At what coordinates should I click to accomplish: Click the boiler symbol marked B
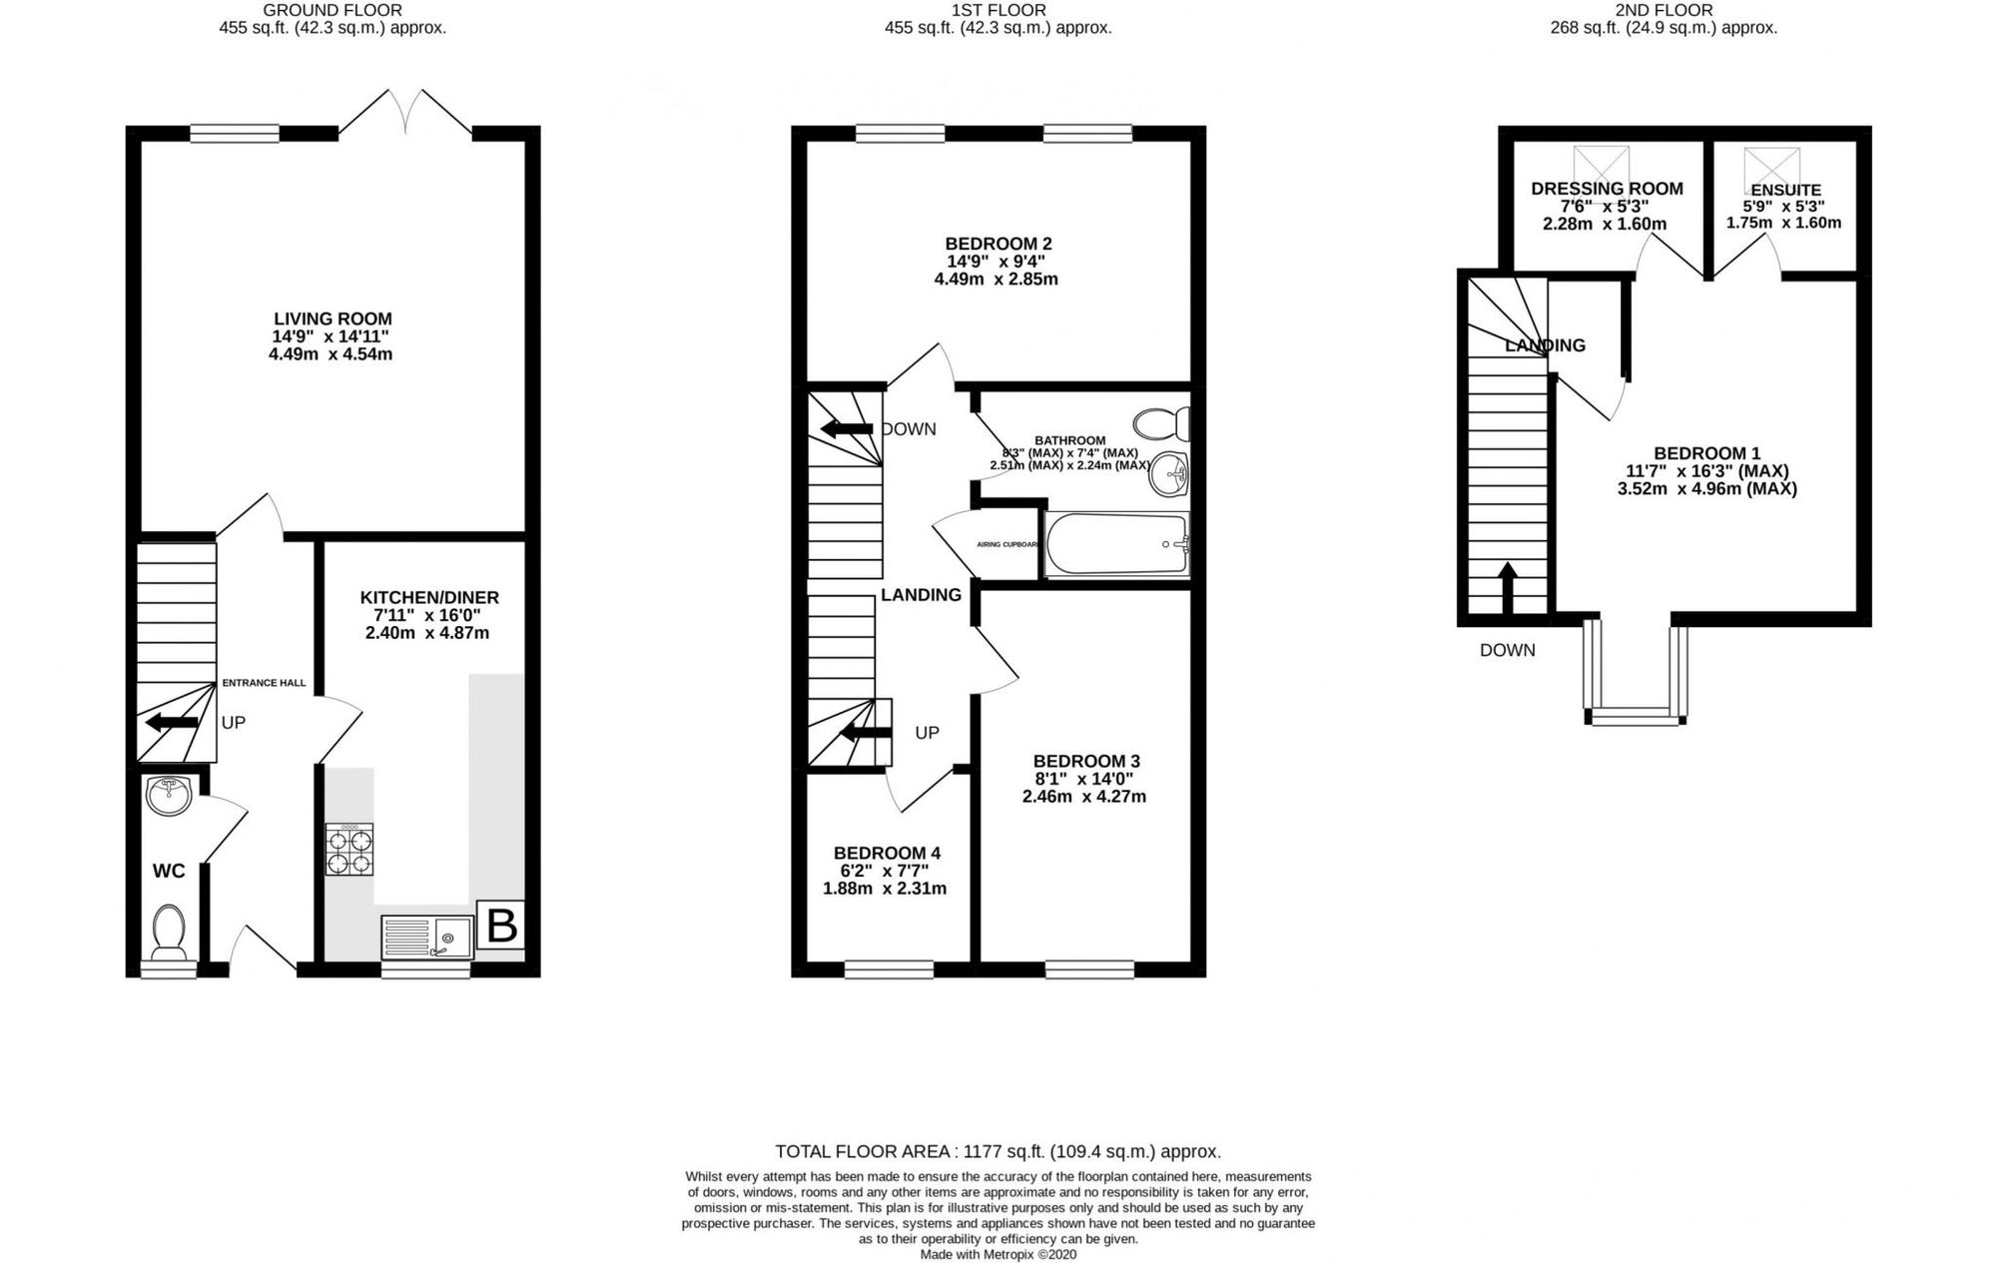coord(500,926)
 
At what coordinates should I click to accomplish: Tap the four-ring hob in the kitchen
coord(349,850)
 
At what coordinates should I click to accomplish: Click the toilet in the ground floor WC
coord(169,930)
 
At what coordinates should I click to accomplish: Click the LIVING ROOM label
coord(333,318)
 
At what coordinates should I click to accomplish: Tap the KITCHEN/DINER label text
coord(429,597)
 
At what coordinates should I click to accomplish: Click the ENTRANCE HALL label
coord(264,683)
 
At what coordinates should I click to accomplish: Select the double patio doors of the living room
coord(405,112)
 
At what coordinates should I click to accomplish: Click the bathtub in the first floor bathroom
coord(1116,545)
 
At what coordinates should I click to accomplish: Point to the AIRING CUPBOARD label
coord(1006,544)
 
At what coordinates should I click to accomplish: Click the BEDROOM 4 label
coord(887,853)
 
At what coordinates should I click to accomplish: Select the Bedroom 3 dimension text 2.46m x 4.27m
coord(1083,796)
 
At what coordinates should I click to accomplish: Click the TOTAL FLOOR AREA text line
coord(998,1151)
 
